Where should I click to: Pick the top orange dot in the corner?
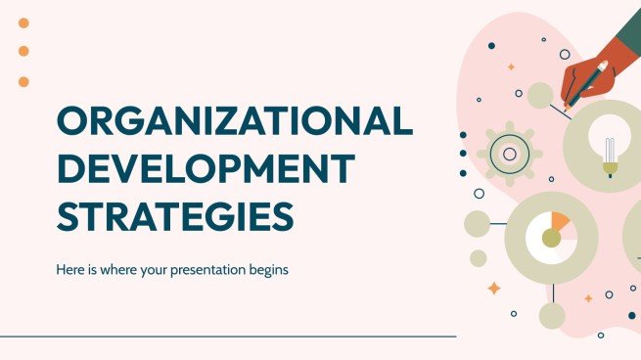(x=23, y=22)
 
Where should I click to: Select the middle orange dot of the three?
(x=23, y=51)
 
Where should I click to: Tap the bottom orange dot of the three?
(x=23, y=82)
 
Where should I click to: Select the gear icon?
(x=509, y=153)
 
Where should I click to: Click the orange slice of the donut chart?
(x=560, y=222)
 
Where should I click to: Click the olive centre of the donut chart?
(x=551, y=238)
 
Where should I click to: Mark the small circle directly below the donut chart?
(x=552, y=315)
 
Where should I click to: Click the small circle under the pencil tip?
(x=540, y=95)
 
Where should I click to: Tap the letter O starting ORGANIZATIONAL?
(x=74, y=122)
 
